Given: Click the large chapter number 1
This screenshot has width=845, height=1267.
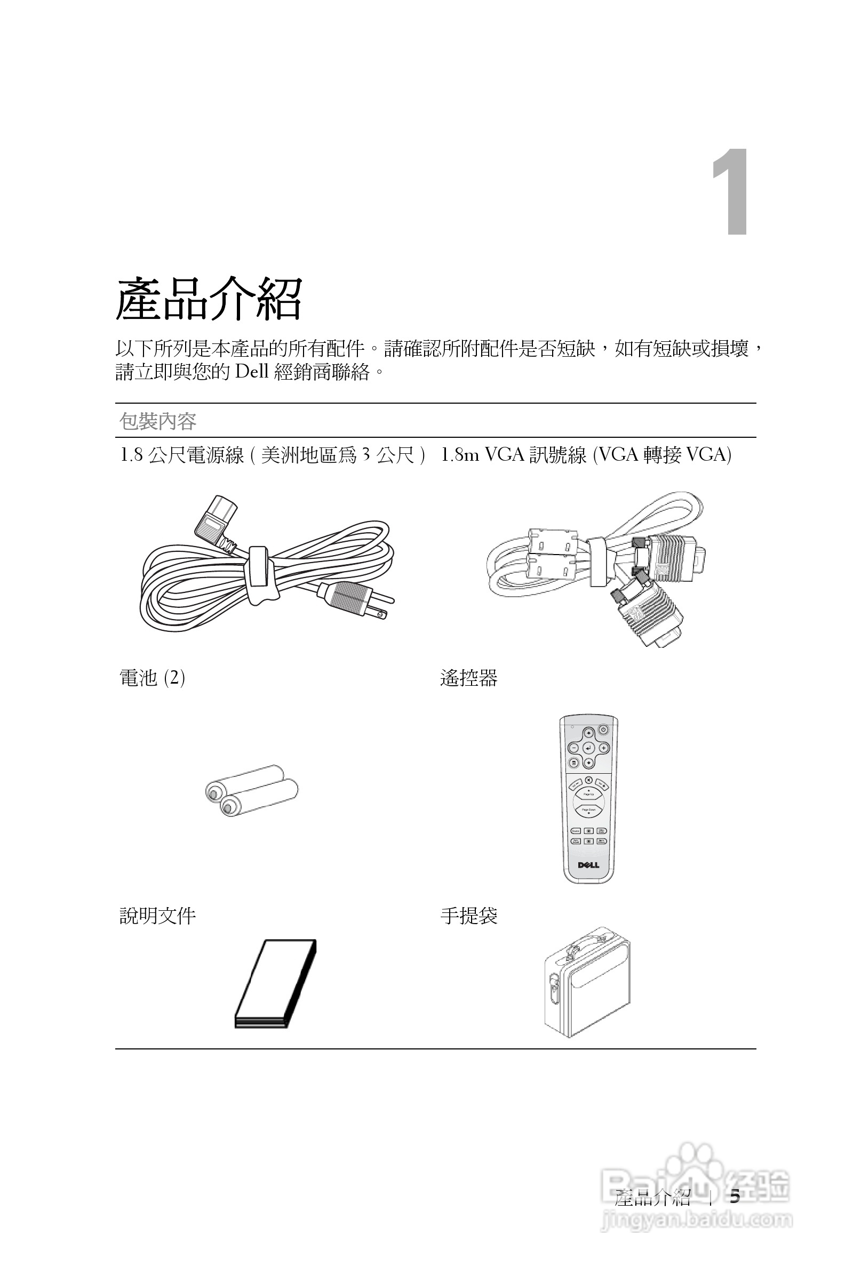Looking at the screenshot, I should tap(732, 193).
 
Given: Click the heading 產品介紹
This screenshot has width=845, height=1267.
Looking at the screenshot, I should tap(209, 300).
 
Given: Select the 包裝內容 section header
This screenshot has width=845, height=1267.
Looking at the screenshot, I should tap(158, 421).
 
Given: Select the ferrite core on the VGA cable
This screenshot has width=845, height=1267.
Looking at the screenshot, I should tap(552, 555).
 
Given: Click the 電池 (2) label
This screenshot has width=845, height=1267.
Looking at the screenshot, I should tap(152, 678).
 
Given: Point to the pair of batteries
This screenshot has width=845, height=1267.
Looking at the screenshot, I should tap(251, 791).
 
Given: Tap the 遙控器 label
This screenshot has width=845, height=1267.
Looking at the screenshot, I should tap(468, 678).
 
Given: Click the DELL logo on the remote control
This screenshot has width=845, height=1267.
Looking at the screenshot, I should tap(588, 865).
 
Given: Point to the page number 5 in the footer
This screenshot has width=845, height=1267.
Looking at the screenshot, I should tap(735, 1198).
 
